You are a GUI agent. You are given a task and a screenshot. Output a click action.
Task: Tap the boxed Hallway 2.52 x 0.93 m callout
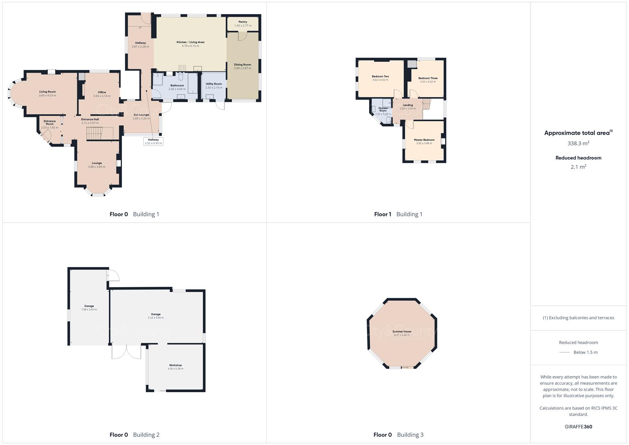coord(153,141)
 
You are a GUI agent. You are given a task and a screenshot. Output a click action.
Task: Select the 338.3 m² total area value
coord(578,143)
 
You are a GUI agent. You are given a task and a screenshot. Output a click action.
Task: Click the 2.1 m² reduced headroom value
coord(578,167)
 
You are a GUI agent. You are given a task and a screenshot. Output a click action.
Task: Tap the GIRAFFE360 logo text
coord(578,426)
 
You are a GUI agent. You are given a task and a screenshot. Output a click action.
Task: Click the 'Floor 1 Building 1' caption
coord(398,214)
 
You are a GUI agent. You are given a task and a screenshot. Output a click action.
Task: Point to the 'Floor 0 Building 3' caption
coord(398,435)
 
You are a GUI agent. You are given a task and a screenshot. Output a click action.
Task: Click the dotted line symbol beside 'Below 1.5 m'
coord(564,352)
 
